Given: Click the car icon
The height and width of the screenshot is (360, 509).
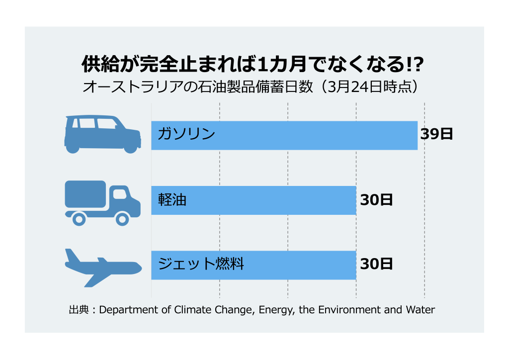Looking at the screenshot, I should tap(102, 134).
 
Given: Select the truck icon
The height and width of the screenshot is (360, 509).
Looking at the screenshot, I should tap(102, 202).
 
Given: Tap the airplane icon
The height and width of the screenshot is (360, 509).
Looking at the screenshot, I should tap(102, 266).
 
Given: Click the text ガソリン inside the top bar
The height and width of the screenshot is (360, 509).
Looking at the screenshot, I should tap(186, 134).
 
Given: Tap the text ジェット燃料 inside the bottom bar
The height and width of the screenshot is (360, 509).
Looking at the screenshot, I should tap(201, 264).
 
